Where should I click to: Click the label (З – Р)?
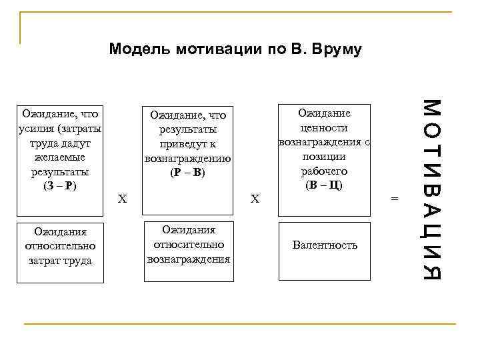pyautogui.click(x=60, y=186)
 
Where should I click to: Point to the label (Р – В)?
pyautogui.click(x=188, y=173)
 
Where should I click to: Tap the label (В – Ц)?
pyautogui.click(x=323, y=185)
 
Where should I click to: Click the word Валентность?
pyautogui.click(x=325, y=245)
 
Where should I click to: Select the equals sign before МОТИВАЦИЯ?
pyautogui.click(x=393, y=198)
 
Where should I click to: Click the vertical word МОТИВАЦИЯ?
pyautogui.click(x=432, y=189)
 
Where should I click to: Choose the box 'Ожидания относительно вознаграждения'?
pyautogui.click(x=189, y=244)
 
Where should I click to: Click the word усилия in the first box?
pyautogui.click(x=35, y=128)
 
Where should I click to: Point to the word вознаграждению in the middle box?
pyautogui.click(x=188, y=159)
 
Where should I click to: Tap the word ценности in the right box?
pyautogui.click(x=324, y=128)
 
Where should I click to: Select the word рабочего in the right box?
pyautogui.click(x=324, y=171)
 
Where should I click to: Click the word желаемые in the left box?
pyautogui.click(x=60, y=157)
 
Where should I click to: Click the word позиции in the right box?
pyautogui.click(x=324, y=157)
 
